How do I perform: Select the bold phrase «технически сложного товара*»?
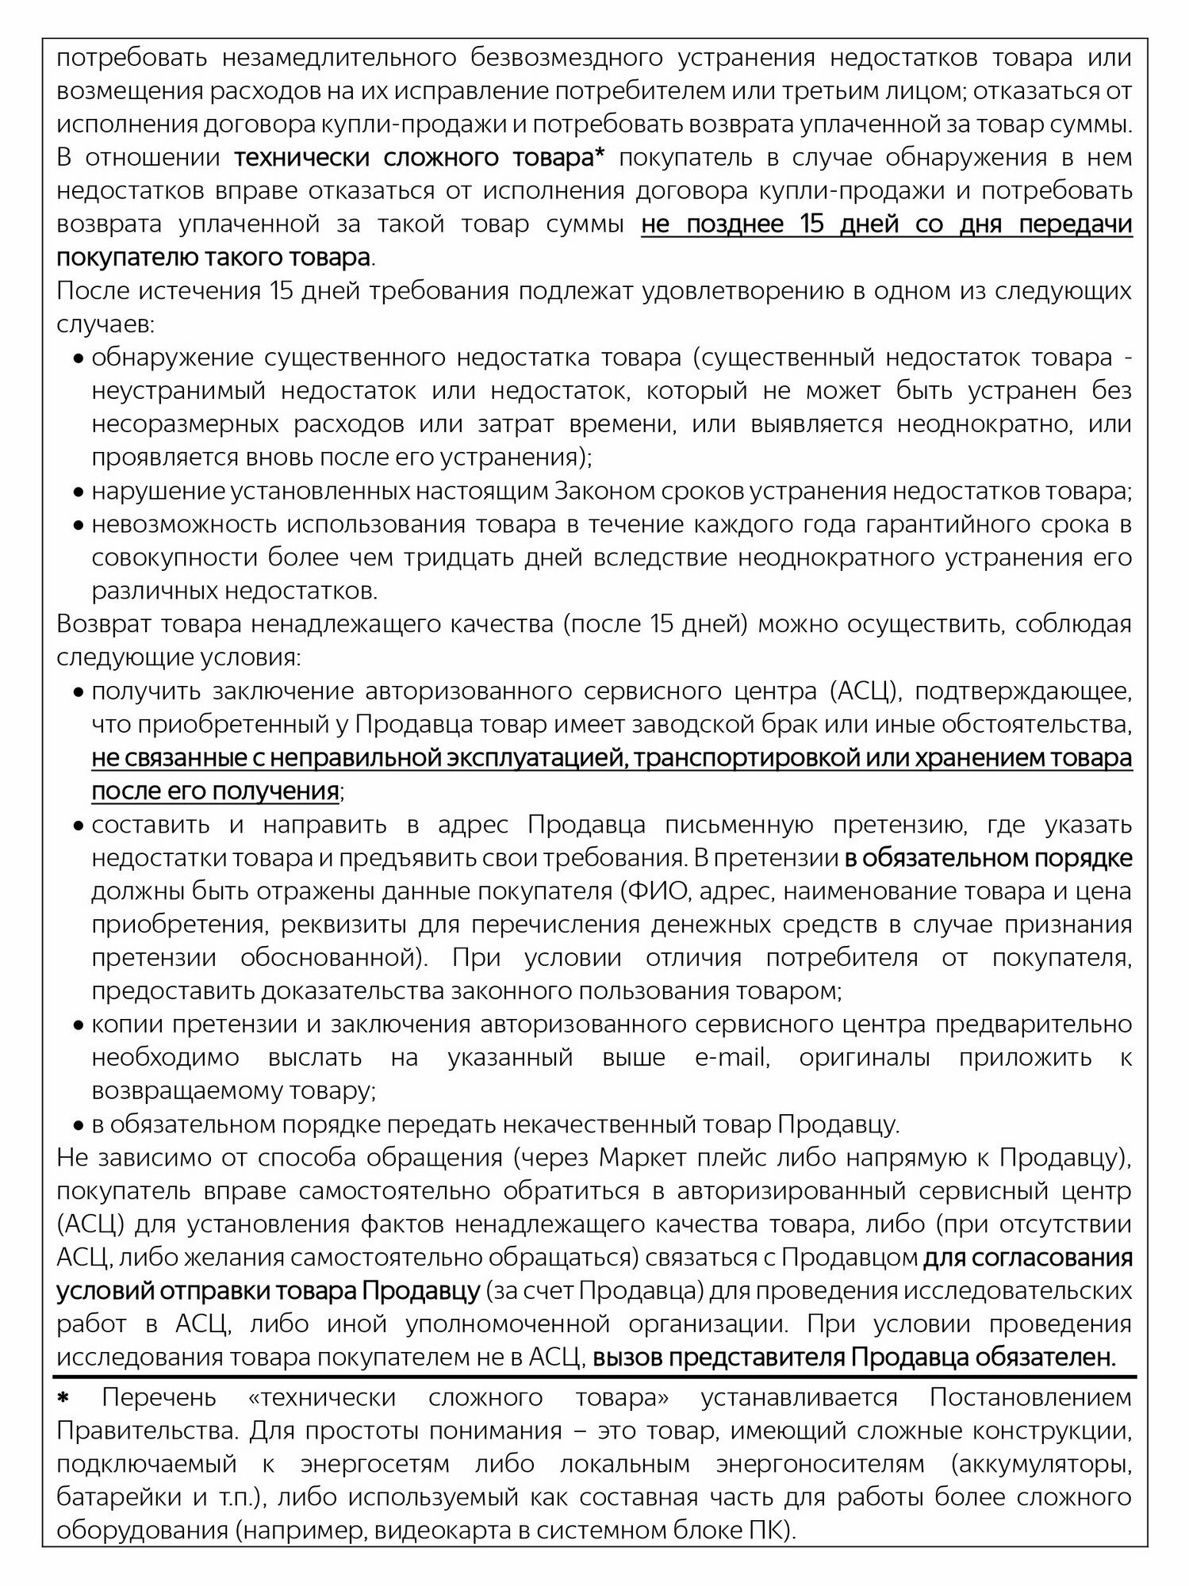tap(420, 158)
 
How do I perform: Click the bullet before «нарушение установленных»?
tap(78, 493)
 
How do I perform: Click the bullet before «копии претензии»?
tap(78, 1026)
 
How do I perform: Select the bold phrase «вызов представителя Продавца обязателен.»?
tap(853, 1358)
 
